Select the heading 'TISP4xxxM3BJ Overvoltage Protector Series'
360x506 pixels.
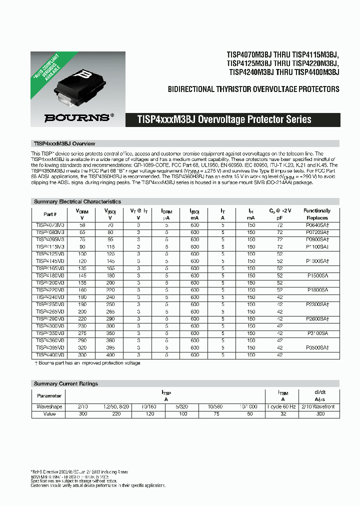(x=224, y=119)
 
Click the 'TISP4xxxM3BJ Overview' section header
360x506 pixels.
(x=64, y=143)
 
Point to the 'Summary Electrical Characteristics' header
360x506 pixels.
(x=77, y=201)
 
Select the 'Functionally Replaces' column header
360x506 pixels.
(x=317, y=214)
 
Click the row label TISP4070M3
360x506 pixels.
(x=50, y=225)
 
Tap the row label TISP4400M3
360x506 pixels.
(x=50, y=354)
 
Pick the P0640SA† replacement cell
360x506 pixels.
(x=317, y=225)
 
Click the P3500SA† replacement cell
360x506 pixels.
(x=317, y=347)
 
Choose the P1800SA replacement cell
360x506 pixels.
(x=317, y=290)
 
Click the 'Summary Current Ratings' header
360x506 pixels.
(x=65, y=383)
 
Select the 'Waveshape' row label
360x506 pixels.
(x=49, y=407)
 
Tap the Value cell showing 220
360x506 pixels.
(x=116, y=414)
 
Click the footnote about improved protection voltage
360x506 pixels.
(x=87, y=362)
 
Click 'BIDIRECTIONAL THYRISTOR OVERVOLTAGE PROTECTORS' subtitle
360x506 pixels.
(x=253, y=89)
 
